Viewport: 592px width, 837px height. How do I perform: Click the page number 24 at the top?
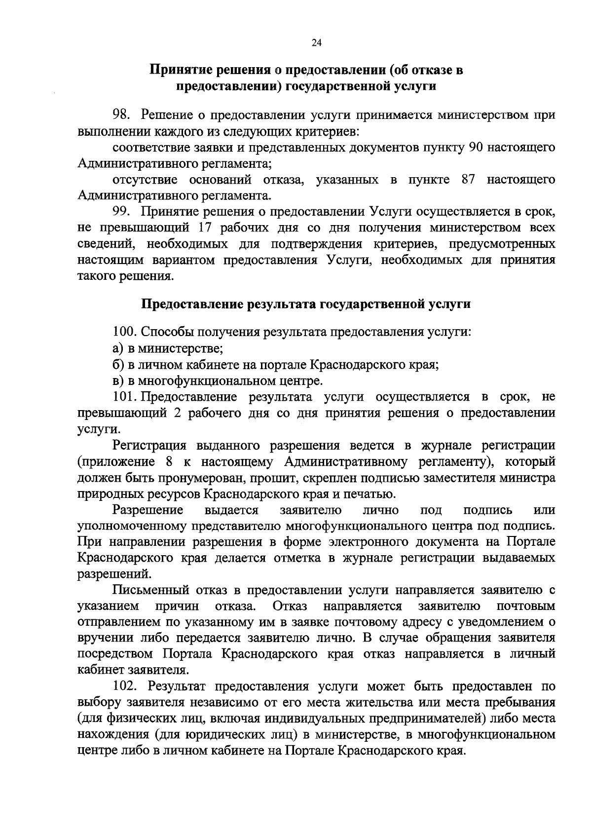point(316,43)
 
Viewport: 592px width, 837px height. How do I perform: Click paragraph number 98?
point(121,115)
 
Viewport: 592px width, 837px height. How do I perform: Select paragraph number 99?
point(121,212)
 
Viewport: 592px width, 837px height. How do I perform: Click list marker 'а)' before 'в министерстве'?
point(117,348)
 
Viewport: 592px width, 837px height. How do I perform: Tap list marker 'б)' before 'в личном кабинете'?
point(117,365)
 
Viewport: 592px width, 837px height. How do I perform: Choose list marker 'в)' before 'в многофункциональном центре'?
point(117,381)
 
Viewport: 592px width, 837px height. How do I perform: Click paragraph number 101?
point(124,397)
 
